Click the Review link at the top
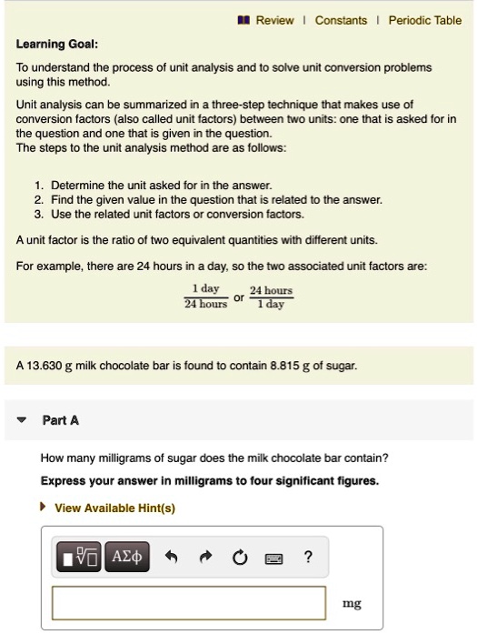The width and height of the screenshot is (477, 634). [273, 20]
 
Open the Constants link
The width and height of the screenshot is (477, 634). [341, 20]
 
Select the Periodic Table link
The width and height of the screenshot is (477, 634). [424, 20]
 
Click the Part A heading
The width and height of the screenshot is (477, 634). [62, 420]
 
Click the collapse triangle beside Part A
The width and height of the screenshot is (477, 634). [22, 420]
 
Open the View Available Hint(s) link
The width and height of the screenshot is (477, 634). [114, 508]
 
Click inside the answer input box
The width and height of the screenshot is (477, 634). [189, 602]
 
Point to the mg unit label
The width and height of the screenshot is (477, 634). [351, 603]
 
